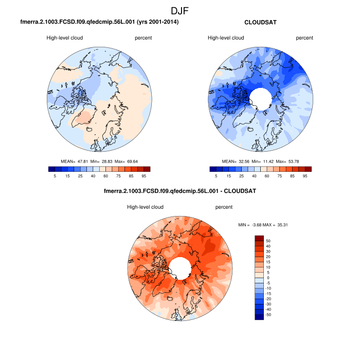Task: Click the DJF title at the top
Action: (x=180, y=10)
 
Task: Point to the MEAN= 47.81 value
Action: (x=76, y=161)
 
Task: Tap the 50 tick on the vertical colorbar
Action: (x=267, y=240)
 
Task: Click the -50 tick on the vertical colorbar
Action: (x=268, y=314)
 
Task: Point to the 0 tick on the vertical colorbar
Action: (x=267, y=277)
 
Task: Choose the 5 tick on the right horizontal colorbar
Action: (x=216, y=176)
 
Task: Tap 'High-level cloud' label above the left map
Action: (x=64, y=38)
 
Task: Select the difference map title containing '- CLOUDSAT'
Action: (x=180, y=191)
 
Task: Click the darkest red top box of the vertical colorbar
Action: (x=260, y=238)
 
